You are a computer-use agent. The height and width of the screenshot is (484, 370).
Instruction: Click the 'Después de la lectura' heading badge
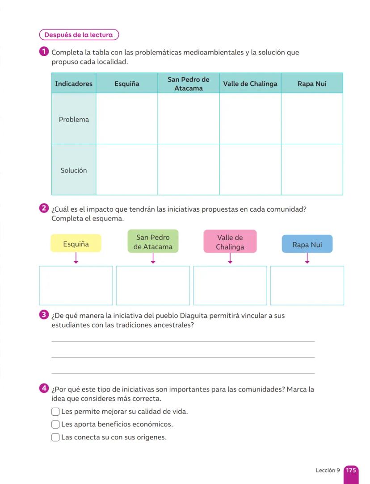[79, 35]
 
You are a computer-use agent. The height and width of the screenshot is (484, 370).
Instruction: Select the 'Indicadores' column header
[74, 83]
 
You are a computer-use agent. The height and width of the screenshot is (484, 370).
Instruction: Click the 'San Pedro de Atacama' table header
[188, 83]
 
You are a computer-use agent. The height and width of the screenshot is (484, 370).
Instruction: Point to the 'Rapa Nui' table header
[312, 83]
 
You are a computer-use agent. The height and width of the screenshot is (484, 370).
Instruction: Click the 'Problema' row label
[74, 119]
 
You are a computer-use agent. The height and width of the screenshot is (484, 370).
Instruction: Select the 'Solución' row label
[74, 170]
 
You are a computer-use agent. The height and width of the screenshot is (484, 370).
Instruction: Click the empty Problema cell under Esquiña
[126, 119]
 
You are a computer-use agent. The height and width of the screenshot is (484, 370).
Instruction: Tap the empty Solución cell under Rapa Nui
[312, 170]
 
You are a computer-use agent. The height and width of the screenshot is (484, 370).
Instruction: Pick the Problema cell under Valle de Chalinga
[250, 119]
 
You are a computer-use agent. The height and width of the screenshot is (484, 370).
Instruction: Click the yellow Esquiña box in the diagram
[76, 244]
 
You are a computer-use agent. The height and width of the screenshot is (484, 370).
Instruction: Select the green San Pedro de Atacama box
[153, 242]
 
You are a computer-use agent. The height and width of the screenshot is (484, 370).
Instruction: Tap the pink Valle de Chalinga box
[230, 242]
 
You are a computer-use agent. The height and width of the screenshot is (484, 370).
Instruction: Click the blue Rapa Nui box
[307, 244]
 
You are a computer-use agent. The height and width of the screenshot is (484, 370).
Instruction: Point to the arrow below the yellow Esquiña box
[76, 258]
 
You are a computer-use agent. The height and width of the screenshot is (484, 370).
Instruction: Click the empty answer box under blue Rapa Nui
[307, 285]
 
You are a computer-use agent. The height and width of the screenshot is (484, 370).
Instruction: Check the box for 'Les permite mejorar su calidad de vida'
[55, 412]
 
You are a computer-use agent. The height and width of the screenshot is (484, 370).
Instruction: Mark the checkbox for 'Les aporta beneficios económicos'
[55, 424]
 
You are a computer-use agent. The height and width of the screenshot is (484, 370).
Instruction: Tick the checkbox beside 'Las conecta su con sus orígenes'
[55, 437]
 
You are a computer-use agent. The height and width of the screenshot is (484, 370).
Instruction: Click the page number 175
[351, 471]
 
